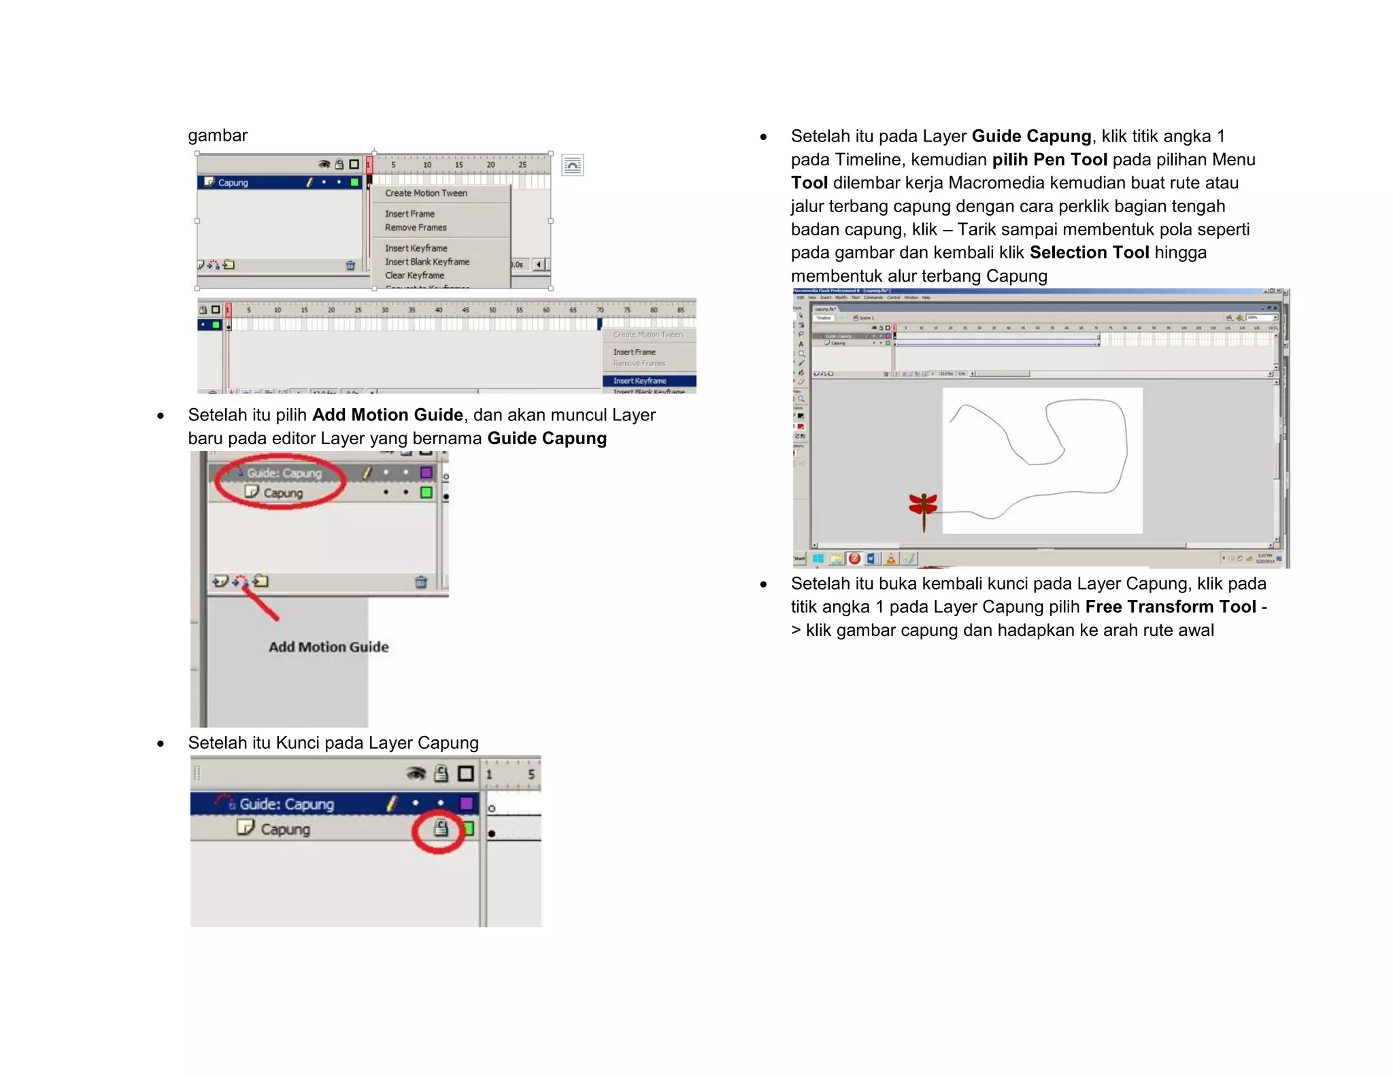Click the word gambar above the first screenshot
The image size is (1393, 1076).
pos(218,135)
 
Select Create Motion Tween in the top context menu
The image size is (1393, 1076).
pos(426,193)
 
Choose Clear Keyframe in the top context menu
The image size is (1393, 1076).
pos(414,275)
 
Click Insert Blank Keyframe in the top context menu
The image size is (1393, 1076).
pos(427,262)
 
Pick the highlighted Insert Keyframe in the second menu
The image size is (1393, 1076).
pos(640,381)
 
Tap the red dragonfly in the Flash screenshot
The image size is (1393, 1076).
pos(923,507)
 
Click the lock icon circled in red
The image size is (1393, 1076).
pos(441,828)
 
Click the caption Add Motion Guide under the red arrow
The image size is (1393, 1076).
pos(329,647)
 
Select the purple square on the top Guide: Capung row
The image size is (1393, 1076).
pos(426,472)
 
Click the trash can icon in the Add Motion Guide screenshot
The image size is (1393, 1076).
pos(421,582)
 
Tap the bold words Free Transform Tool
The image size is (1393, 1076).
pos(1170,607)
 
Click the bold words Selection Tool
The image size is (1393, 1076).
pos(1089,252)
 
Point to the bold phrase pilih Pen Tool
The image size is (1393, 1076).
pos(1050,160)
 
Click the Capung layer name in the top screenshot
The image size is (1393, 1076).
pos(233,183)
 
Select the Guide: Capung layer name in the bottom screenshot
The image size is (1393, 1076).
pos(286,804)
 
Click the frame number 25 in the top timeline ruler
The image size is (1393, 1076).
pos(522,165)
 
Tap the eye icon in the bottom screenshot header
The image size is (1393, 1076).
pos(416,773)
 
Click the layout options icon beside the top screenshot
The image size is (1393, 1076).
pos(573,165)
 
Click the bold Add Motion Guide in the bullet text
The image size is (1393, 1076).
pos(387,415)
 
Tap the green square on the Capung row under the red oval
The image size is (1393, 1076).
pos(426,492)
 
